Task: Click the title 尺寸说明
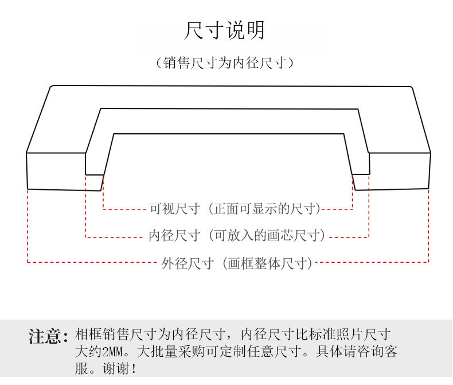tap(225, 30)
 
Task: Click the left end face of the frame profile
tap(56, 171)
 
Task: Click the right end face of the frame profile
tap(399, 171)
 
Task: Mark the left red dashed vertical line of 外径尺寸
tap(28, 227)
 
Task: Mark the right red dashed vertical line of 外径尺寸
tap(428, 227)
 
